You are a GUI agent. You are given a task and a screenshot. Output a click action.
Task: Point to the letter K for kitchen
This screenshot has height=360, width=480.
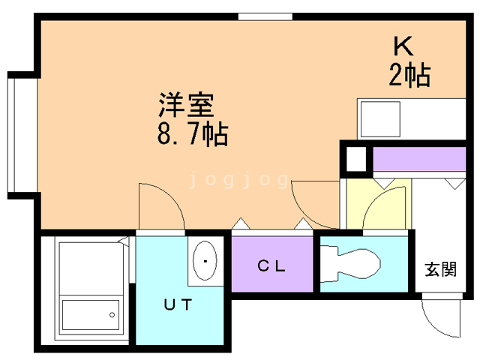403,46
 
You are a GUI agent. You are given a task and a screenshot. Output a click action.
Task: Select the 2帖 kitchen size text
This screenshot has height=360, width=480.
409,75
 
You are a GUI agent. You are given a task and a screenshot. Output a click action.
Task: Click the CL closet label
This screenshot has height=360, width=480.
271,265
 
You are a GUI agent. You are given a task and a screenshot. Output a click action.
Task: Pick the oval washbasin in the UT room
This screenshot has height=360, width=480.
203,261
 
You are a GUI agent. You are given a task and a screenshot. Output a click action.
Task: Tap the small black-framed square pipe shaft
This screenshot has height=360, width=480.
355,160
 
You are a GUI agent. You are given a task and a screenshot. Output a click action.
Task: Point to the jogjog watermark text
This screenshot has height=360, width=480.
238,180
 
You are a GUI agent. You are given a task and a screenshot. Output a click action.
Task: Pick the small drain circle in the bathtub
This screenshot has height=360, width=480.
115,313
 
